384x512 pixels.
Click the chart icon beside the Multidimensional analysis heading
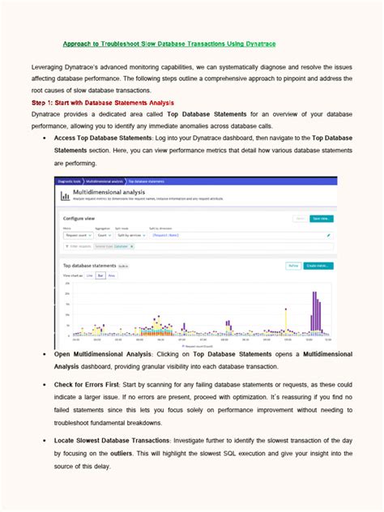pyautogui.click(x=65, y=195)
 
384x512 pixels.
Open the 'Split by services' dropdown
pyautogui.click(x=133, y=234)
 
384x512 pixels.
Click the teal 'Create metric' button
pyautogui.click(x=318, y=265)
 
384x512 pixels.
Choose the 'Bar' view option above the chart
pyautogui.click(x=100, y=275)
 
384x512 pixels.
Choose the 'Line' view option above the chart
pyautogui.click(x=89, y=275)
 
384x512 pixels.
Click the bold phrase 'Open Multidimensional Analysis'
pyautogui.click(x=105, y=354)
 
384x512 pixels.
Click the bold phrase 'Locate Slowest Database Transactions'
pyautogui.click(x=113, y=439)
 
